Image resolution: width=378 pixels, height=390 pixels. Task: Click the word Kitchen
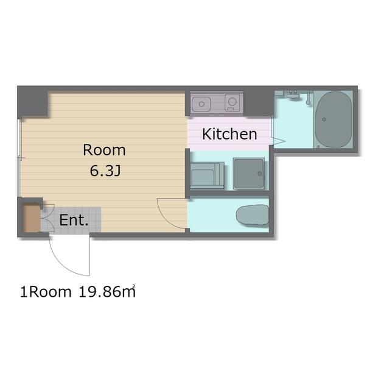(229, 134)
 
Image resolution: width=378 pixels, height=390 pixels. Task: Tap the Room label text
(104, 150)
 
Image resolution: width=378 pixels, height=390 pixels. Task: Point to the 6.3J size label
(105, 171)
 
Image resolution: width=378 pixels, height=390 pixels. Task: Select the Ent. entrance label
(74, 220)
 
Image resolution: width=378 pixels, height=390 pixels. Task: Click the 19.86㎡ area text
(107, 291)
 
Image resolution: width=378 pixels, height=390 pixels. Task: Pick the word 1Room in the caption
(46, 292)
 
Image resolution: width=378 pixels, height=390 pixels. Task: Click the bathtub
(334, 119)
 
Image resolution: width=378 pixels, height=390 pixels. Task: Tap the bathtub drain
(324, 119)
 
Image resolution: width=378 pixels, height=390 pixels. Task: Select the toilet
(253, 215)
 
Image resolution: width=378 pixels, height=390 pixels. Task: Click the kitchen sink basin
(201, 104)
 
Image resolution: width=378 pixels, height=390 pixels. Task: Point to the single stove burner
(233, 101)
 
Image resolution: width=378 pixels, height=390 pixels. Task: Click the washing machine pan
(249, 173)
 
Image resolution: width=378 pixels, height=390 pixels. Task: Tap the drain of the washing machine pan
(260, 174)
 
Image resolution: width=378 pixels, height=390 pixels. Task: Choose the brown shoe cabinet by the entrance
(32, 218)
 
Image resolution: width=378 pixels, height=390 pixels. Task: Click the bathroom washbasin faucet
(293, 94)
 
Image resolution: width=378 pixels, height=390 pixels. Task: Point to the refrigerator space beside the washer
(207, 175)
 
